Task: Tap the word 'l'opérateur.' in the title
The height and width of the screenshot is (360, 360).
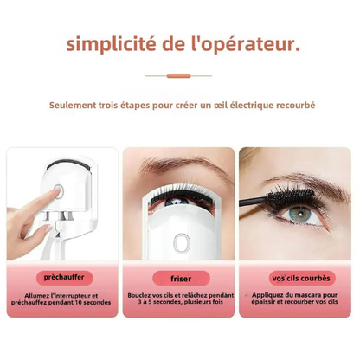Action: click(x=245, y=44)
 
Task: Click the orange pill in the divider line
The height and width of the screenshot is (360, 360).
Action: click(x=178, y=76)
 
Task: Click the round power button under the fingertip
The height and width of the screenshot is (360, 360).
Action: click(x=58, y=192)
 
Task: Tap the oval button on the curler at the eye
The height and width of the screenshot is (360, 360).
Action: click(x=182, y=243)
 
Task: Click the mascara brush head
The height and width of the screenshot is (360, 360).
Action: click(x=290, y=198)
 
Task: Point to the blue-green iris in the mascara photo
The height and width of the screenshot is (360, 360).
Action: click(x=300, y=213)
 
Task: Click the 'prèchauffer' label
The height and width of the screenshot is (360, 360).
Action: click(x=64, y=278)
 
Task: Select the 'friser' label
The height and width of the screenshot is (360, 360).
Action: click(x=181, y=279)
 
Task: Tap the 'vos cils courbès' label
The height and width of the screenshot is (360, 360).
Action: click(x=301, y=278)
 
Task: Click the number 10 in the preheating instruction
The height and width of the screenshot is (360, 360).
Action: click(x=79, y=303)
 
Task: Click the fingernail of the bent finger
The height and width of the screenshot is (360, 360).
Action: click(x=48, y=229)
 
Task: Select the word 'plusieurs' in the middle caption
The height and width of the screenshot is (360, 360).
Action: click(x=198, y=302)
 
